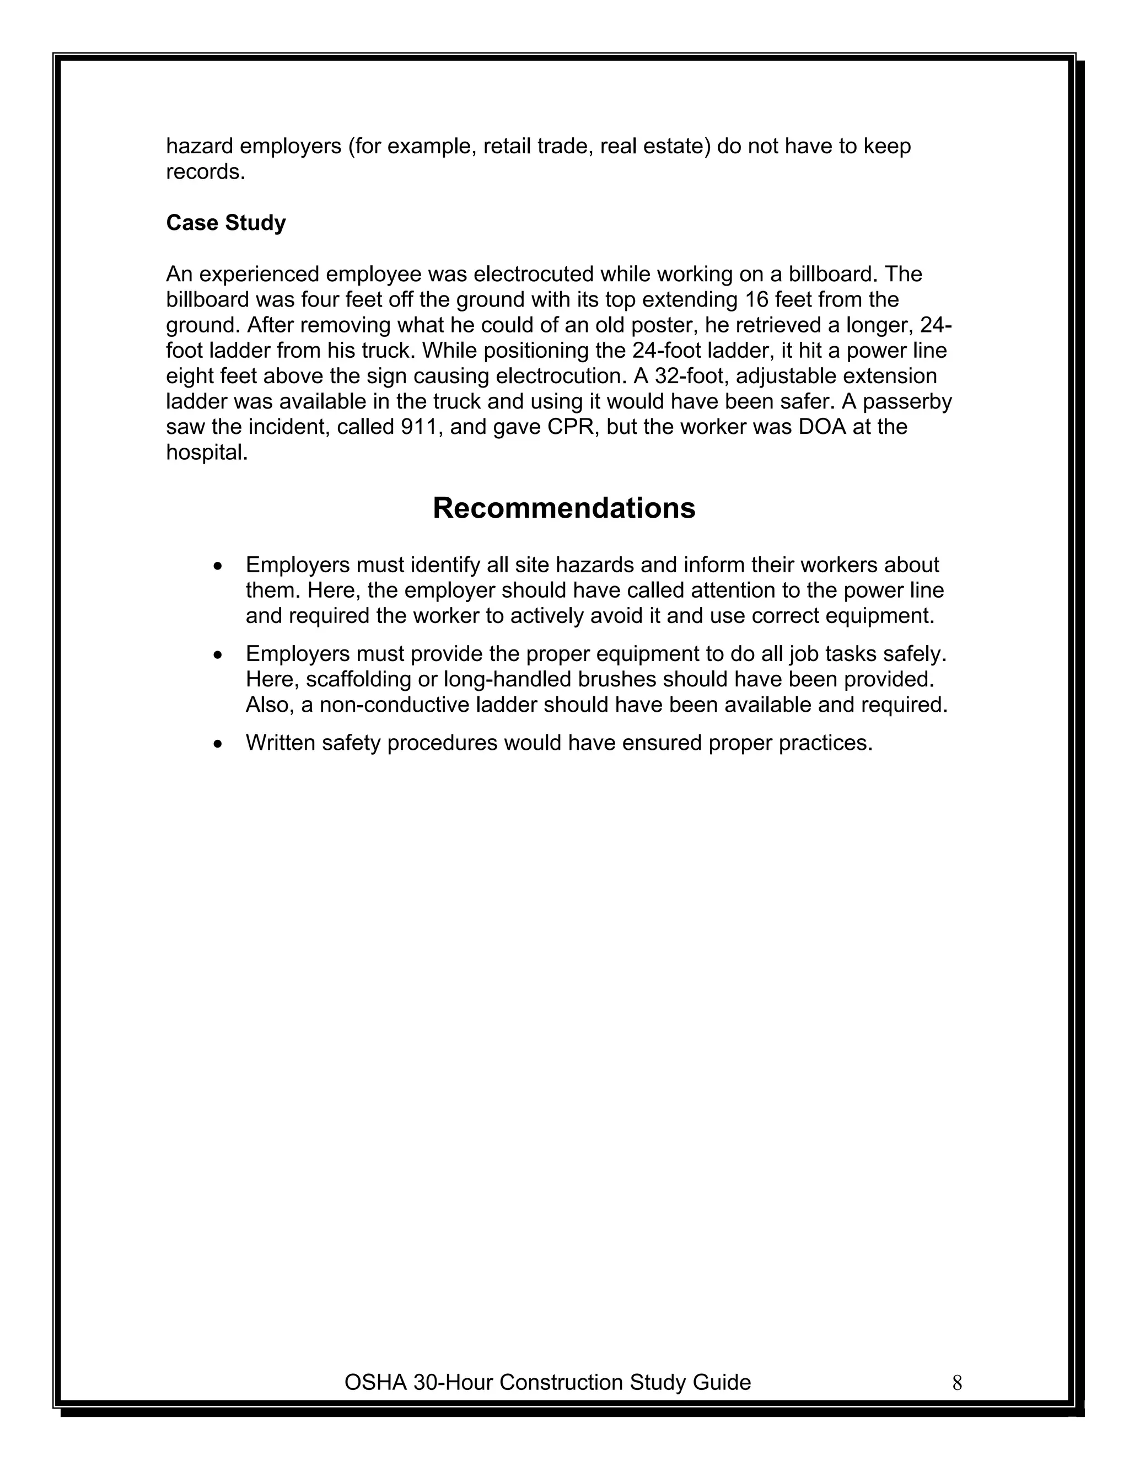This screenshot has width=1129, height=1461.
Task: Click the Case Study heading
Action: coord(225,223)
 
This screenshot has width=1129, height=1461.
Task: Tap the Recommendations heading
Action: coord(564,508)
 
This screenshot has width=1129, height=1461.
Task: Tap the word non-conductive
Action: coord(386,705)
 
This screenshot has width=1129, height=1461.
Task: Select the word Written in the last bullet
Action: coord(280,743)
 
